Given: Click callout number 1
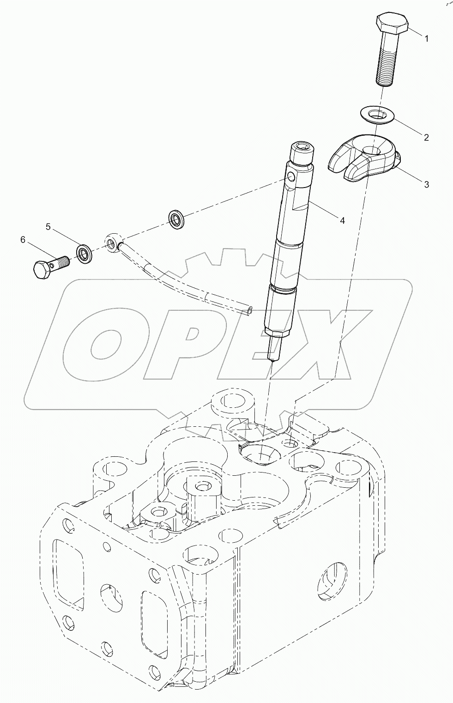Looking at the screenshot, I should tap(427, 39).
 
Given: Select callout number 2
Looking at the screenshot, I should tap(426, 137).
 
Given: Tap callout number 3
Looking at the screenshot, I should tap(426, 184).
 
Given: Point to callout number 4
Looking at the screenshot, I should tap(342, 221).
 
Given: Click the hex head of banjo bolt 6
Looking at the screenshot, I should tap(43, 268).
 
